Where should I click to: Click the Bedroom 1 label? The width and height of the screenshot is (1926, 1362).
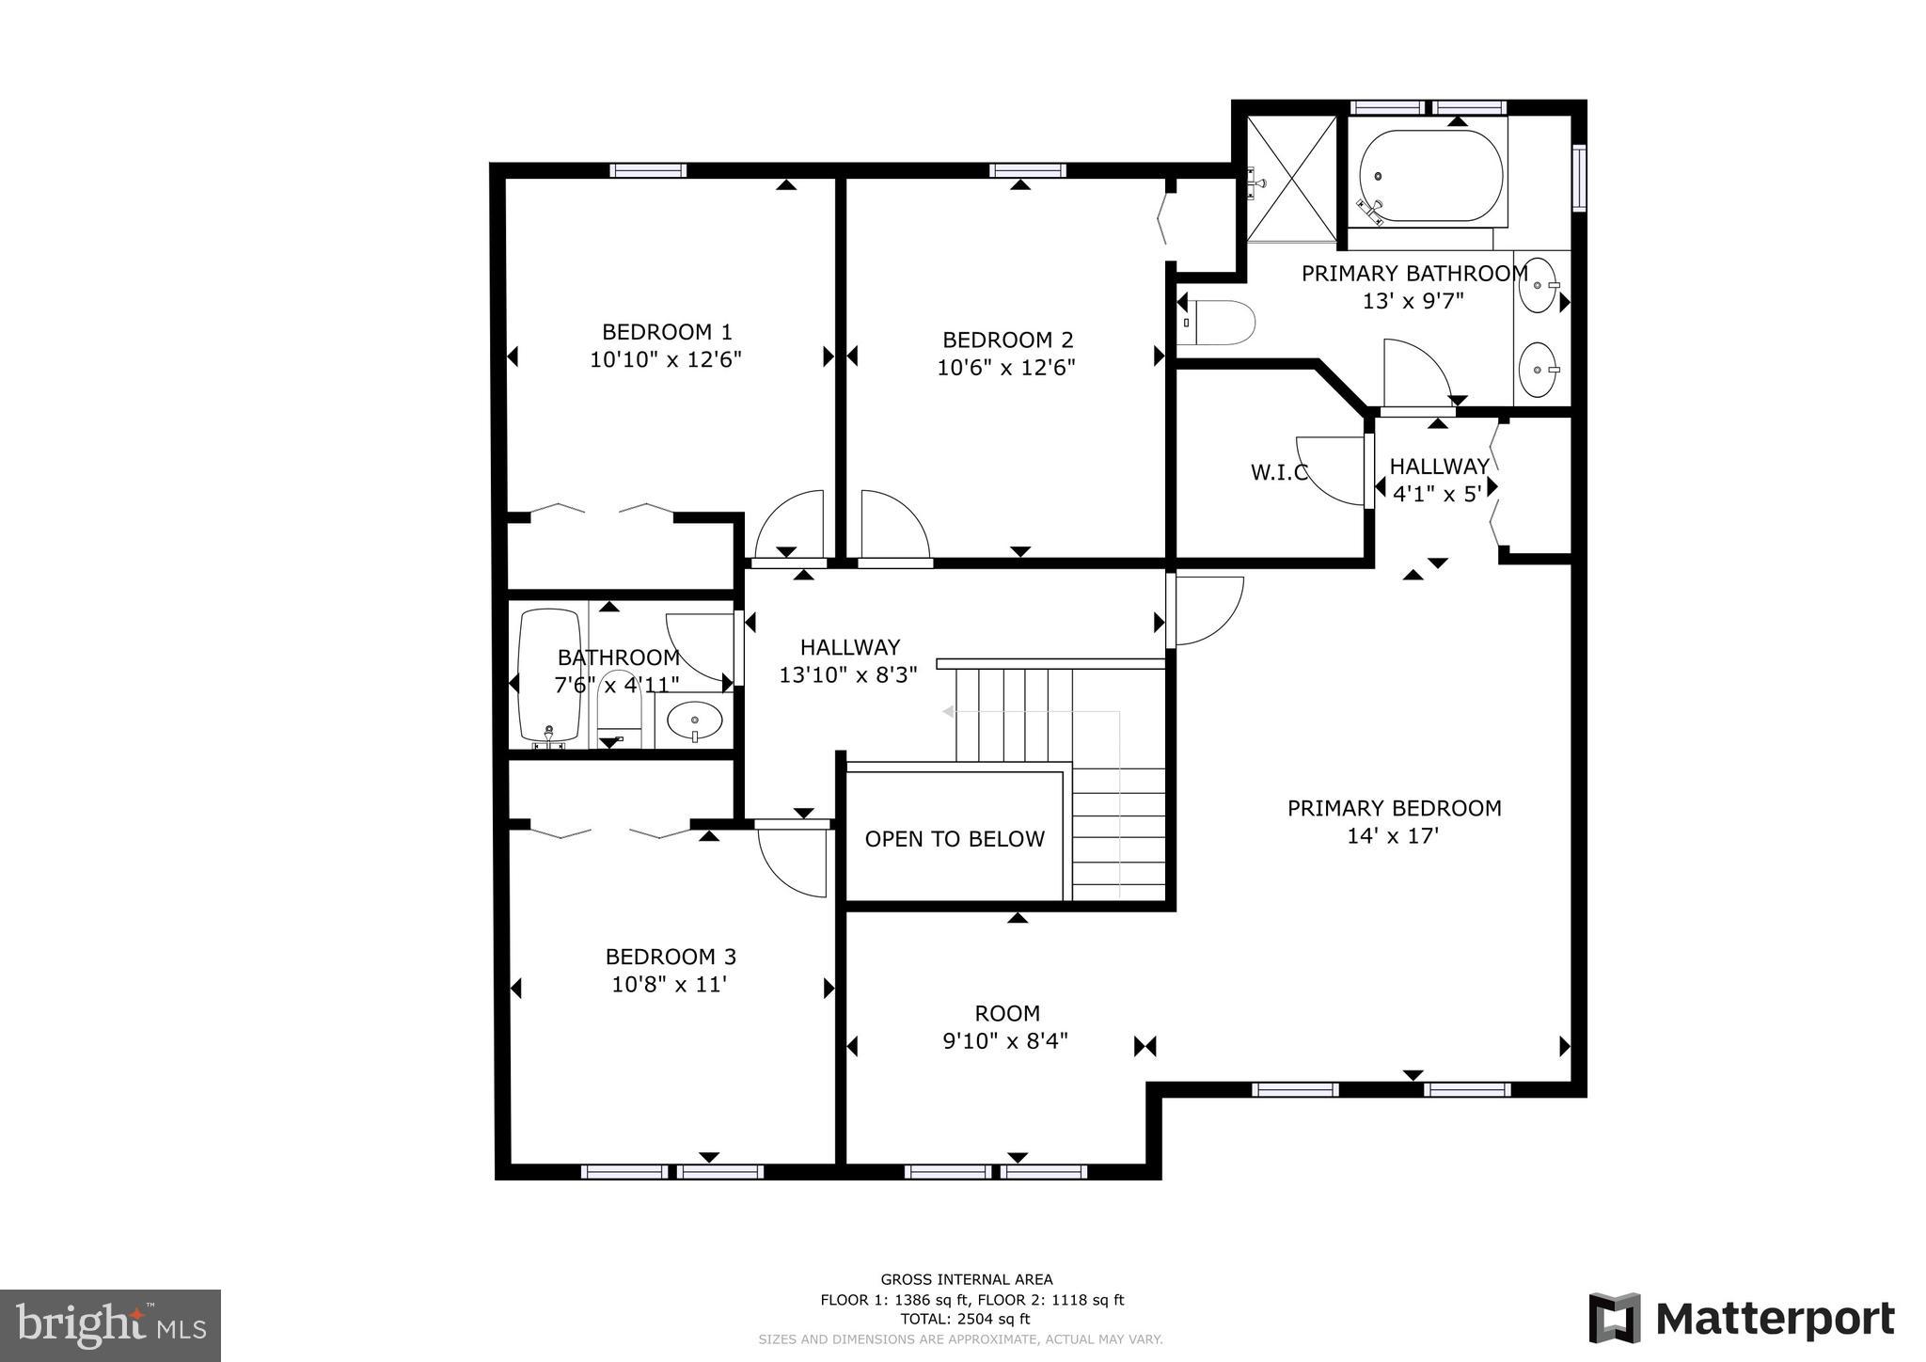point(666,332)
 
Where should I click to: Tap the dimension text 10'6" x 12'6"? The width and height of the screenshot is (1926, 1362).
point(1005,368)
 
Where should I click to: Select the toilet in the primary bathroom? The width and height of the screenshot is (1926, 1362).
point(1219,323)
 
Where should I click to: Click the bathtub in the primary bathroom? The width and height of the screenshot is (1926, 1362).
point(1430,177)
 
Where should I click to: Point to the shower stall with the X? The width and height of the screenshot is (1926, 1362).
point(1291,178)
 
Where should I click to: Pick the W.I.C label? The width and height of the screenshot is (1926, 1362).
point(1279,472)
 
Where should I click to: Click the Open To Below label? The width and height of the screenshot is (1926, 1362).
point(955,839)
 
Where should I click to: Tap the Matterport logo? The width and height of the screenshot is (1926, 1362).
point(1741,1319)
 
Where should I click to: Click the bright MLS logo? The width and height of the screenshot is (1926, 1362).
point(110,1325)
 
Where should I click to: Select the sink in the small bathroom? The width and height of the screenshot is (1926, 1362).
point(694,721)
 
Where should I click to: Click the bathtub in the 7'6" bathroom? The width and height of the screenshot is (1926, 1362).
point(550,674)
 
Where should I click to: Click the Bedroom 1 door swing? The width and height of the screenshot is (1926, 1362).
point(790,524)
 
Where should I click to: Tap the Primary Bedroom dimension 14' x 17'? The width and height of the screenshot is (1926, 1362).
point(1393,835)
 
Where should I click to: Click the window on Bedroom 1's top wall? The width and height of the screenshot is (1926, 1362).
point(647,170)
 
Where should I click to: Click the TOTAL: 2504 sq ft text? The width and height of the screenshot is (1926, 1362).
point(965,1319)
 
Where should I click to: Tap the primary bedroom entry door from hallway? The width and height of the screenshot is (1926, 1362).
point(1207,610)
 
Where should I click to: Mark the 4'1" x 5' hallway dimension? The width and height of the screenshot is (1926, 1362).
point(1436,494)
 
